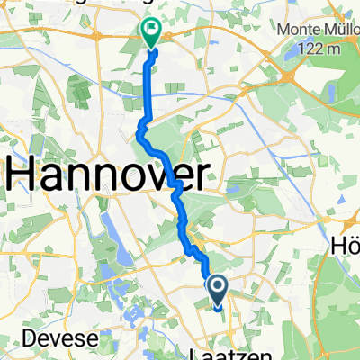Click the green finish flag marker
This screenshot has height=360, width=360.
[149, 32]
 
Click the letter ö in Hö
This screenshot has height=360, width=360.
[353, 244]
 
